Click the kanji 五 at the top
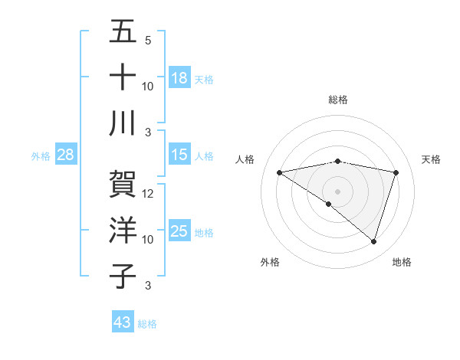click(123, 33)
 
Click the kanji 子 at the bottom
click(123, 276)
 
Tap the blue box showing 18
click(179, 78)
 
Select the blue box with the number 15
click(179, 155)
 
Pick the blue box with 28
click(66, 155)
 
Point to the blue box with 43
click(123, 322)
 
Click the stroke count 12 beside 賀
click(149, 194)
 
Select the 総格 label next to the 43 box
click(148, 324)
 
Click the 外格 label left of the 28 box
click(41, 156)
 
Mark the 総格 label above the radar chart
click(338, 100)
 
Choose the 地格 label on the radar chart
click(402, 262)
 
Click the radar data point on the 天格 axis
click(396, 172)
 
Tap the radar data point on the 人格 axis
click(280, 172)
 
